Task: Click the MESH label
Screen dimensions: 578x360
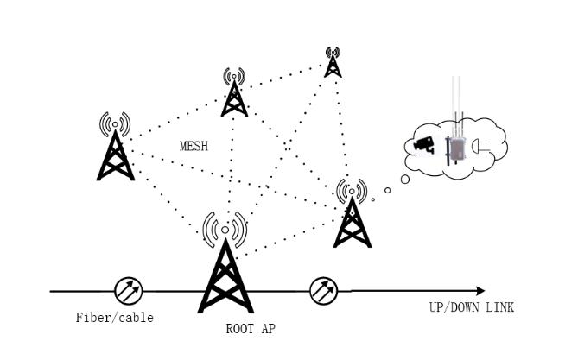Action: [x=194, y=146]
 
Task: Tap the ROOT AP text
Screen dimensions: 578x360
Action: [x=251, y=328]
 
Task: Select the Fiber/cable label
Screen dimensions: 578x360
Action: [x=115, y=318]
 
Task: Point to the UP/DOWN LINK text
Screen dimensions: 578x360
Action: [x=472, y=307]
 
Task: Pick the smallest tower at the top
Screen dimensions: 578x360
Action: [x=333, y=62]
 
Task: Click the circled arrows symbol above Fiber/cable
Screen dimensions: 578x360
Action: [x=128, y=291]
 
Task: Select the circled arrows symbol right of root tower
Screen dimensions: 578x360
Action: [x=323, y=291]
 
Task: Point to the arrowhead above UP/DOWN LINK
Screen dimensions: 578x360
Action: [x=480, y=291]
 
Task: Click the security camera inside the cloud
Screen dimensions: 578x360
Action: [x=424, y=145]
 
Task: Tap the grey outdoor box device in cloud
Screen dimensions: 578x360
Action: [x=455, y=149]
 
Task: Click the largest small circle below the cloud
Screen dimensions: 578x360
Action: [x=405, y=180]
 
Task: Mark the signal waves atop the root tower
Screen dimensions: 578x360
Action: [x=225, y=230]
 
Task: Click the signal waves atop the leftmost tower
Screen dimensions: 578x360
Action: [x=116, y=123]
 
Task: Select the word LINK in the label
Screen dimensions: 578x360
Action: [x=500, y=307]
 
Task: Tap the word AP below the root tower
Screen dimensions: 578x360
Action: [x=269, y=328]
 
